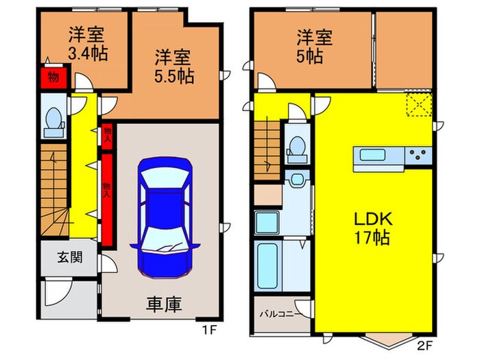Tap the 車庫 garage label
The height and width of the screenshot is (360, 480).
click(163, 304)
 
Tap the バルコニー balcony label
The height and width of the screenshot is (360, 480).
click(277, 315)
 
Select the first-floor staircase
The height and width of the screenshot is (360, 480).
click(53, 192)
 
